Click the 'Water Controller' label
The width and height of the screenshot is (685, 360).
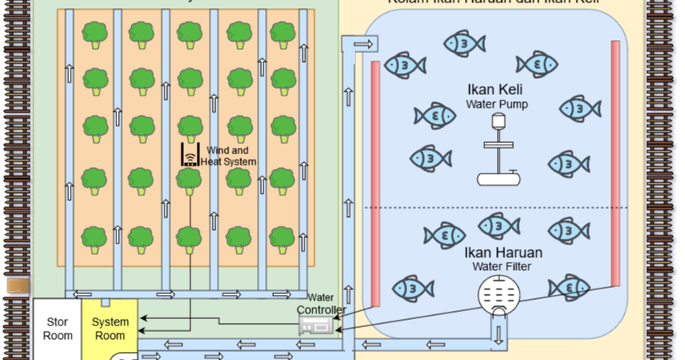[321, 304]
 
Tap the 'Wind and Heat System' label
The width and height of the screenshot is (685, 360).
[231, 156]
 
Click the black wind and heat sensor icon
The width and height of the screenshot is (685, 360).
[190, 154]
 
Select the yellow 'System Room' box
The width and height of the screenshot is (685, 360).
[110, 329]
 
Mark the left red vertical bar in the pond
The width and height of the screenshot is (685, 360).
[375, 174]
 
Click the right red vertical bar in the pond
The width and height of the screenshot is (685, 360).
[615, 162]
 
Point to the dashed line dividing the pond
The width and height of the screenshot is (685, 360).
[490, 208]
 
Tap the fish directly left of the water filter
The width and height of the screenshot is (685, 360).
[414, 288]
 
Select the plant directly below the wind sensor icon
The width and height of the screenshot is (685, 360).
[189, 179]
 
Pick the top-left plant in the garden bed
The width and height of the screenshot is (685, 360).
[96, 34]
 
